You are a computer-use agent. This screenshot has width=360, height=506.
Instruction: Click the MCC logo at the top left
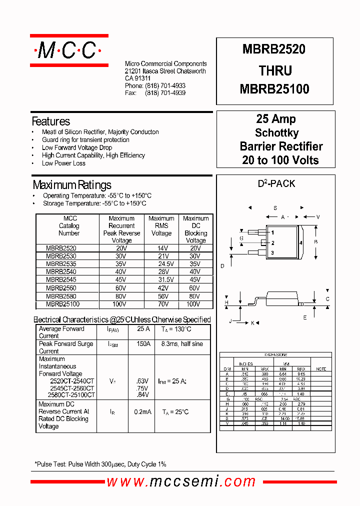68,50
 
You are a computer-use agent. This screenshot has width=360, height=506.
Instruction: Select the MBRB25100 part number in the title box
274,89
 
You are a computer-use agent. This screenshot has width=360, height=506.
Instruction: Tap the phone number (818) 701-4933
165,86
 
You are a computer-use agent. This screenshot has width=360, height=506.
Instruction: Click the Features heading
50,121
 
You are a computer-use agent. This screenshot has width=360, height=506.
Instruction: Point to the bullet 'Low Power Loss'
63,163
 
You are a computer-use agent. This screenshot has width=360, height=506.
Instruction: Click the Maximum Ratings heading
71,185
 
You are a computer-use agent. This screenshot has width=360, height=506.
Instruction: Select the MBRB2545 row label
61,279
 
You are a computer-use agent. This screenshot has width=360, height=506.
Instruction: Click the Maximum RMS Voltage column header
161,226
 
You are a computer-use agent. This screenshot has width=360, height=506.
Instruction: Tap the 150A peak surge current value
143,344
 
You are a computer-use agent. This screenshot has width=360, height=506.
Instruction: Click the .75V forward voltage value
142,388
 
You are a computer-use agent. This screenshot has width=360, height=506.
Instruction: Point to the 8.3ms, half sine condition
182,344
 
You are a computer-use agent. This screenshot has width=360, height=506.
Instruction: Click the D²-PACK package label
276,184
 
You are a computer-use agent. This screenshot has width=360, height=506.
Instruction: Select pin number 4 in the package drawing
301,243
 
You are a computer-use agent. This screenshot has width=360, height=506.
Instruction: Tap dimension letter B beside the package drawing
315,242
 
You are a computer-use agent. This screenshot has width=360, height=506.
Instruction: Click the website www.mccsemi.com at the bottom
181,481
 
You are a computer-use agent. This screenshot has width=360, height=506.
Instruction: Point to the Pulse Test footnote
100,464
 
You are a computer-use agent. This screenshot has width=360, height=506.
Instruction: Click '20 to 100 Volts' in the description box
280,160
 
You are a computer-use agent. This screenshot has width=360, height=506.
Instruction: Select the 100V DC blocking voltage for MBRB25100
193,304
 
